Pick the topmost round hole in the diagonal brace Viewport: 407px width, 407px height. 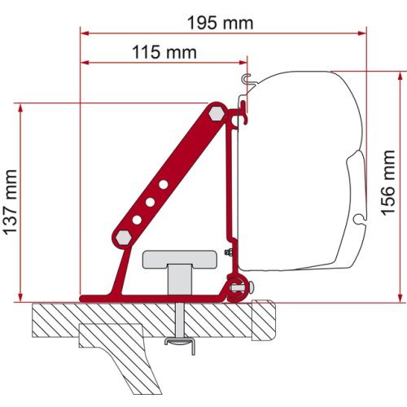(164, 185)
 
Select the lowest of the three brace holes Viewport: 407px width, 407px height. (138, 219)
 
